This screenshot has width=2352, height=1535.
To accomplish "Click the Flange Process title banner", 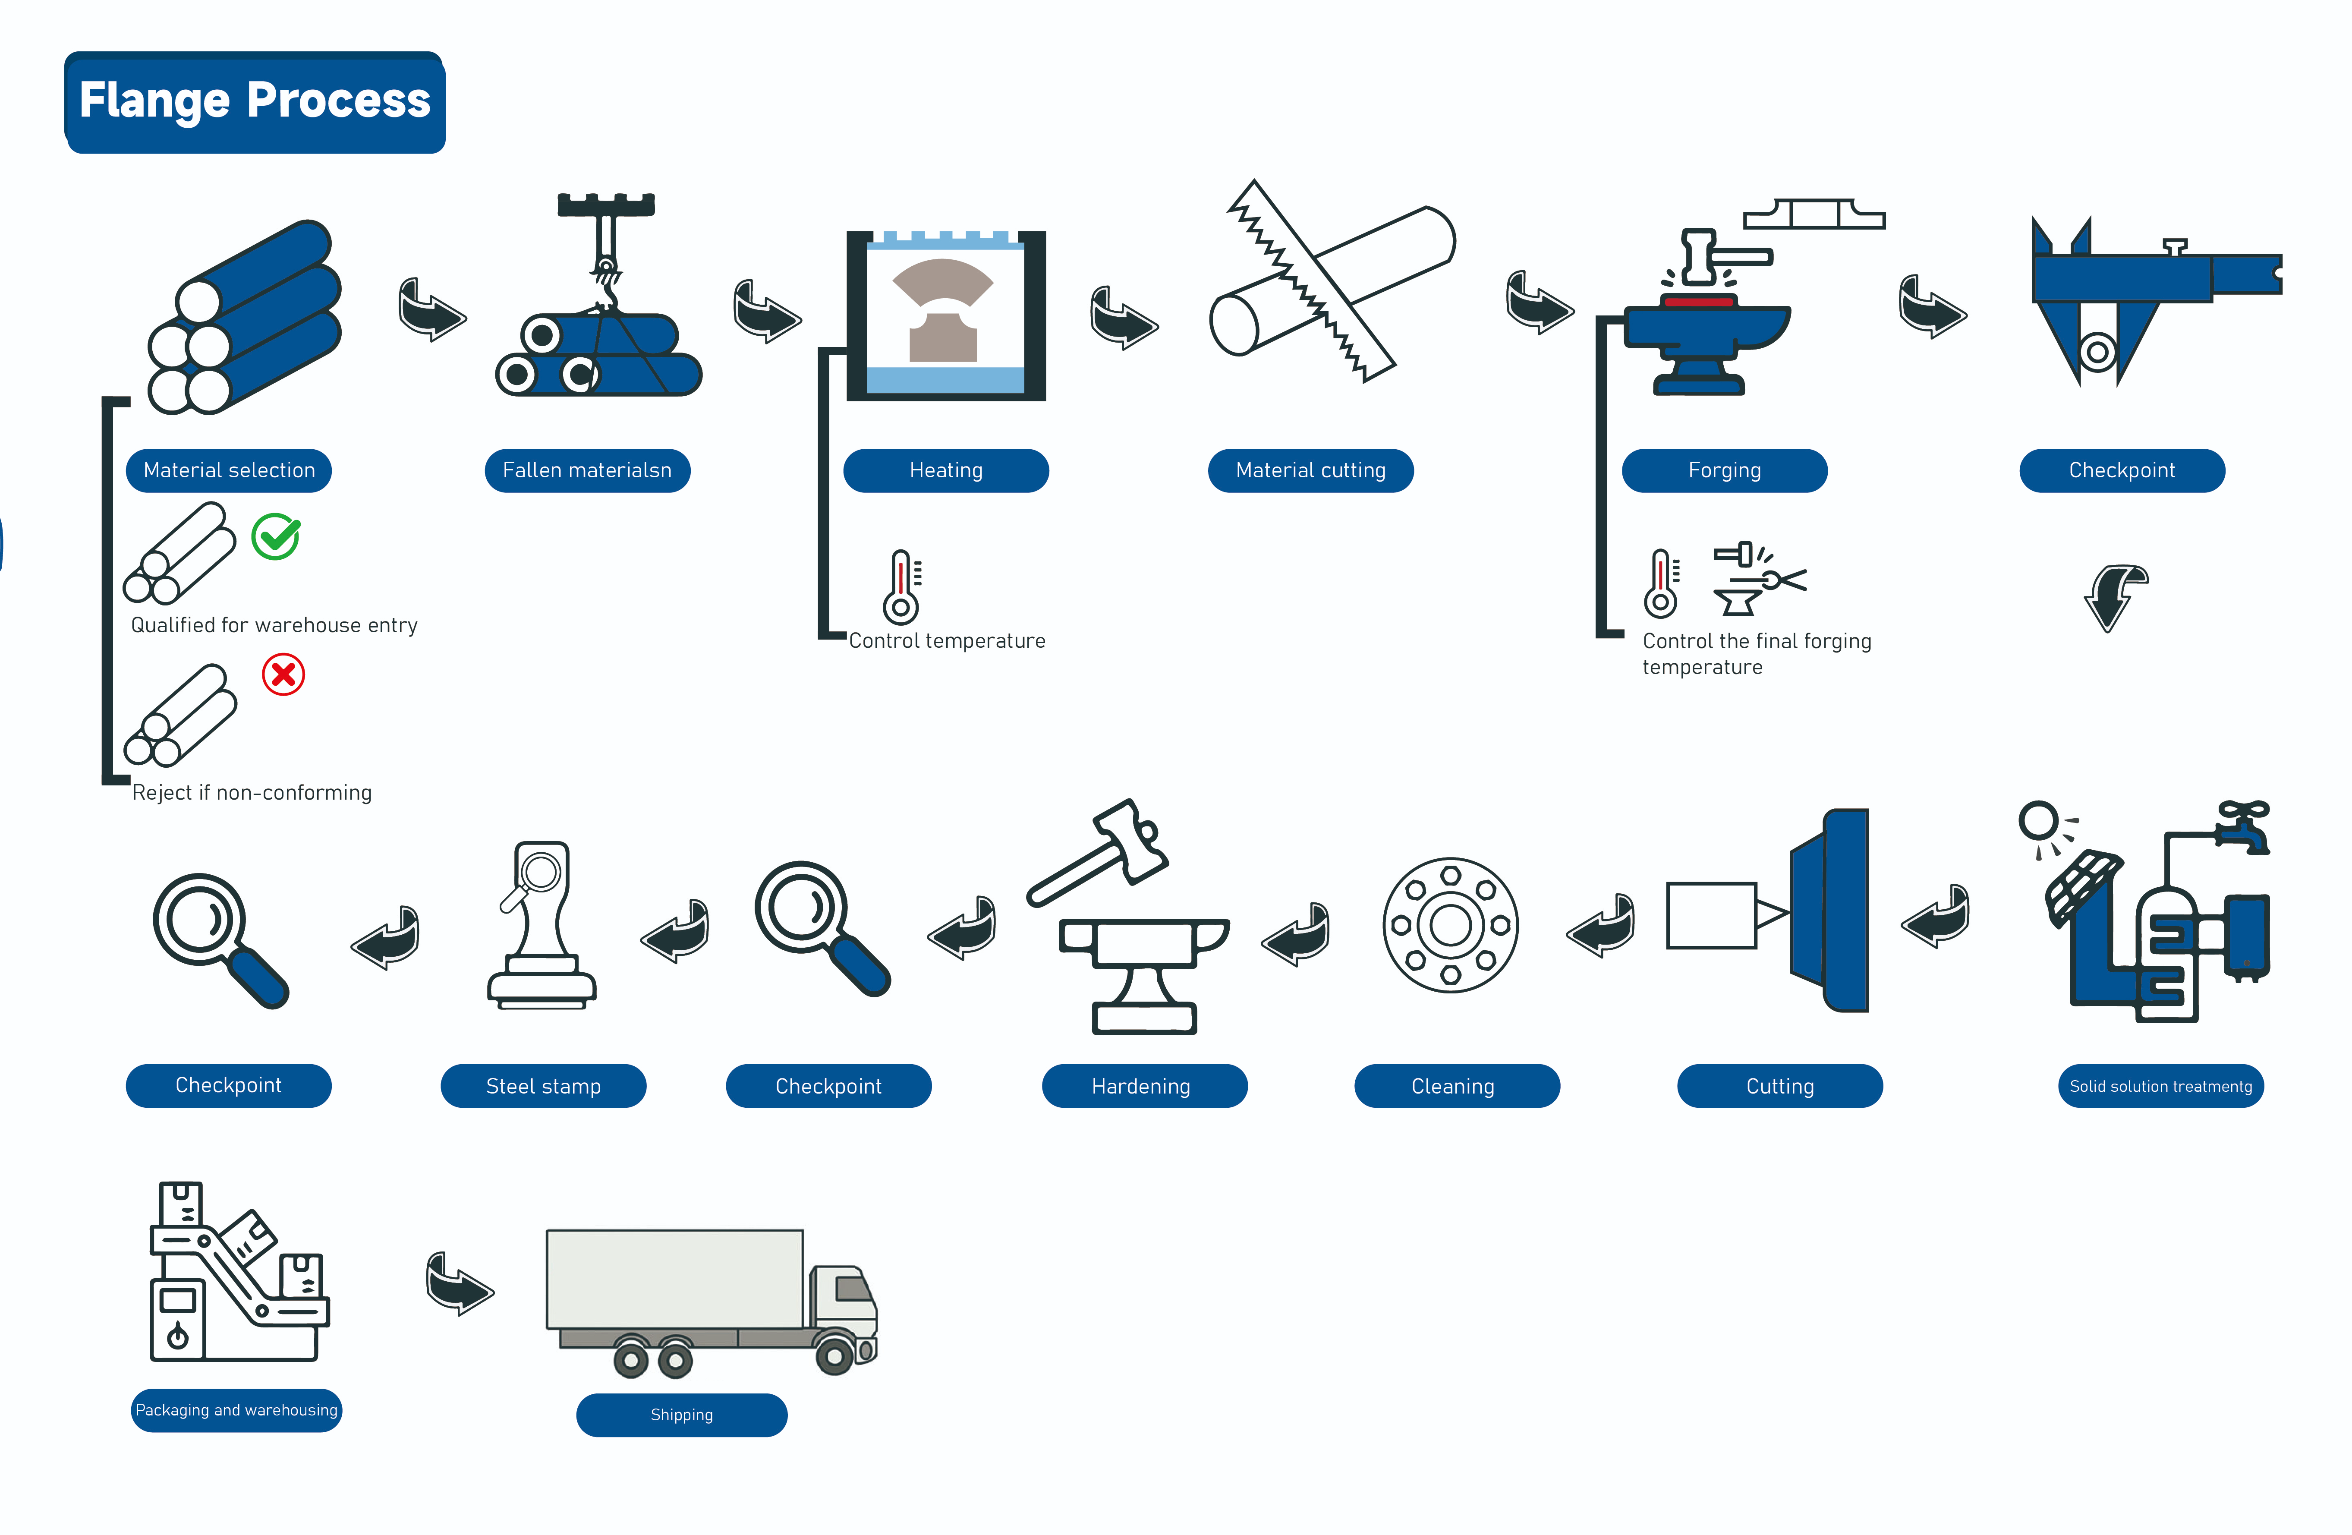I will click(255, 102).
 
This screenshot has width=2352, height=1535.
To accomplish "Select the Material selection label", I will click(229, 470).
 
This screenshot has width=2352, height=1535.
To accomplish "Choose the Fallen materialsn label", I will click(587, 470).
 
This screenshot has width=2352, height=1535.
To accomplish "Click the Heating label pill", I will click(946, 470).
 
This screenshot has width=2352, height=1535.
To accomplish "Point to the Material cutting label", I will click(1310, 470).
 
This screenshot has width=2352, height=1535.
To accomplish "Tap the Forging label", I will click(1725, 470).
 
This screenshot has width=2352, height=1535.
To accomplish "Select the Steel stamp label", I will click(544, 1086).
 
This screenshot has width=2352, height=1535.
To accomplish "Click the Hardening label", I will click(1144, 1086).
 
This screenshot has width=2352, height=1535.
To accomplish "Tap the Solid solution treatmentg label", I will click(2160, 1086).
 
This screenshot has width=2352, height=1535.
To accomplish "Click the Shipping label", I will click(682, 1415).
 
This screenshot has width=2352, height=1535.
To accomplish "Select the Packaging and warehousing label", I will click(236, 1409).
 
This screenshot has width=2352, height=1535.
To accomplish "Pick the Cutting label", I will click(1780, 1086).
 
